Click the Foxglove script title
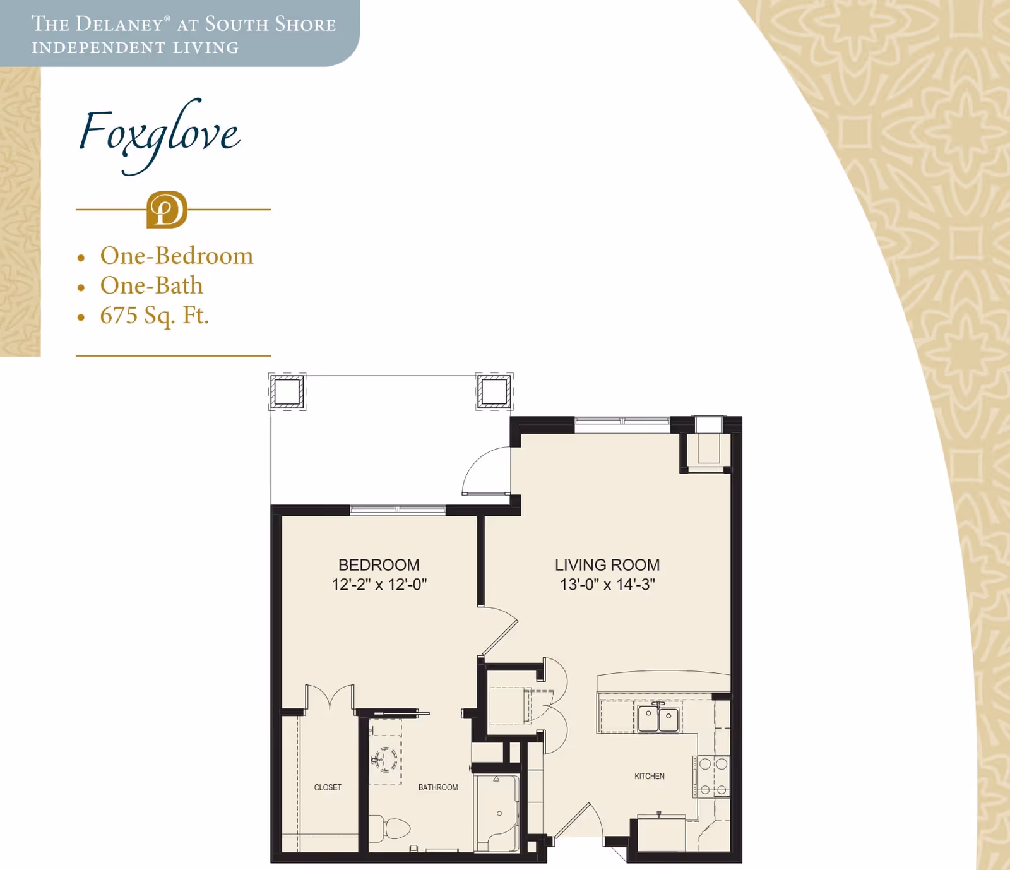[x=159, y=134]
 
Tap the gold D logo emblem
[x=167, y=210]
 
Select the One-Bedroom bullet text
[x=176, y=256]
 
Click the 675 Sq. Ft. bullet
[x=154, y=315]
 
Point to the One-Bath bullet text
[x=151, y=285]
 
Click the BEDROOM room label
[x=379, y=564]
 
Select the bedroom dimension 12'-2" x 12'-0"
[x=379, y=585]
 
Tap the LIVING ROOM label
[x=607, y=564]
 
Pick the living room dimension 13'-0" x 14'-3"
[x=607, y=585]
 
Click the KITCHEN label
[x=649, y=776]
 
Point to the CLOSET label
[x=328, y=787]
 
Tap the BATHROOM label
[x=437, y=787]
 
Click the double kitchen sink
[x=658, y=719]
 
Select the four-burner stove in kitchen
[x=712, y=777]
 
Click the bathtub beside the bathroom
[x=497, y=813]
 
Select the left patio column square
[x=287, y=391]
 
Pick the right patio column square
[x=494, y=391]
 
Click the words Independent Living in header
[x=135, y=48]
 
